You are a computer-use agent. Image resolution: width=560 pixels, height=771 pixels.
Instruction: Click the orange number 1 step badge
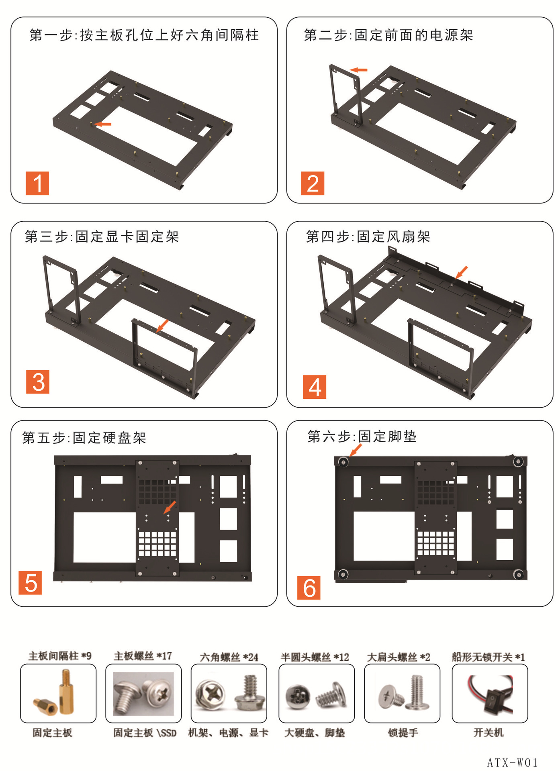pos(37,184)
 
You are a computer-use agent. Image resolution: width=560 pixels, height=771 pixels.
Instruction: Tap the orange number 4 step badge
pos(315,387)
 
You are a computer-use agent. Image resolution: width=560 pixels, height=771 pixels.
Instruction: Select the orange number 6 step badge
pos(309,588)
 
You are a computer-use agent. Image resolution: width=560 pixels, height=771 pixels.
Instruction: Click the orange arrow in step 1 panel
pos(103,124)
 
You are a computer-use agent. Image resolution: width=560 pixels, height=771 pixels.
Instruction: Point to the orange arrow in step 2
pos(359,70)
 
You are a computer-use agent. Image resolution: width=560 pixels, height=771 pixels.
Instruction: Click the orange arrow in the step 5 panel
pos(170,507)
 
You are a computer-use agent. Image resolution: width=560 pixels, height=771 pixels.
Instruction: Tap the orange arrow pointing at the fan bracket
pos(462,272)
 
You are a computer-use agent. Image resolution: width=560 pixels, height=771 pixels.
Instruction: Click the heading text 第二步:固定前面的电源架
pos(388,35)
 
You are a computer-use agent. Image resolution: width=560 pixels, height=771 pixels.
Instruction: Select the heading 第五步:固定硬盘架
pos(84,438)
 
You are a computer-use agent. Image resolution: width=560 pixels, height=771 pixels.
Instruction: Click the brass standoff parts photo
pos(58,693)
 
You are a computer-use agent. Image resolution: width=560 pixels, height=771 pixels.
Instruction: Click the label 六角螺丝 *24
pos(229,657)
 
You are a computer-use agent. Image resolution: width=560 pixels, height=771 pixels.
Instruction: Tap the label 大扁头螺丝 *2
pos(398,657)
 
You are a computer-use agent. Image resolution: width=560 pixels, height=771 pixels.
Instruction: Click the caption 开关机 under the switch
pos(488,733)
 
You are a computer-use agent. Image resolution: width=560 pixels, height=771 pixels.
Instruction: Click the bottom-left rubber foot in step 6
pos(343,574)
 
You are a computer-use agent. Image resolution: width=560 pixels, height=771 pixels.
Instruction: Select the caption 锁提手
pos(403,733)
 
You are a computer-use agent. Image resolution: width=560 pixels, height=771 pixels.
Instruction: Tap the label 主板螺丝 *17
pos(143,656)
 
